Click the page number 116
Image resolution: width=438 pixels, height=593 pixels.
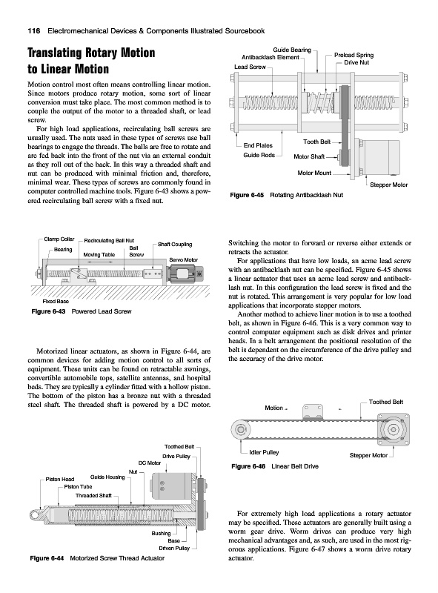coord(34,31)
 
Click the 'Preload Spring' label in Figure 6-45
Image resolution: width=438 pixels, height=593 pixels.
coord(354,55)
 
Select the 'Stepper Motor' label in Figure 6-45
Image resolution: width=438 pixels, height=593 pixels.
coord(389,185)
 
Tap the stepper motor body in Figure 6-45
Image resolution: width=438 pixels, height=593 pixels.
coord(381,157)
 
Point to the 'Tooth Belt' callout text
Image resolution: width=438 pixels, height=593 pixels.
coord(317,142)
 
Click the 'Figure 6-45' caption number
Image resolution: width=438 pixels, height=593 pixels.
coord(247,195)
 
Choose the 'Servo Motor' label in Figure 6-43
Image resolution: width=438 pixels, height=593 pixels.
coord(184,260)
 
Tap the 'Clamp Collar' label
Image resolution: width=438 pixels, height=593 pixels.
coord(59,239)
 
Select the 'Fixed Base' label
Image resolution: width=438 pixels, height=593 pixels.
coord(56,302)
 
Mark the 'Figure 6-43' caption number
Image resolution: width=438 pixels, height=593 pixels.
coord(48,311)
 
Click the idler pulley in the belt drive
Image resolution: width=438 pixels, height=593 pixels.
coord(240,430)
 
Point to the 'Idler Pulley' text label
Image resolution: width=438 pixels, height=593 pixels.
coord(264,452)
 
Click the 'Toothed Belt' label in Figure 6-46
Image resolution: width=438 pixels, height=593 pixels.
coord(386,402)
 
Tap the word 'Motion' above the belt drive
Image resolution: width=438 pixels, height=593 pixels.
coord(274,408)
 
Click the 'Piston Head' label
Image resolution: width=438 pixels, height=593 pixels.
coord(60,479)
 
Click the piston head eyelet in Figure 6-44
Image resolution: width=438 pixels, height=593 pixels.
coord(35,514)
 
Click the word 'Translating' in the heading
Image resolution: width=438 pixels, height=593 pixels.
coord(53,53)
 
